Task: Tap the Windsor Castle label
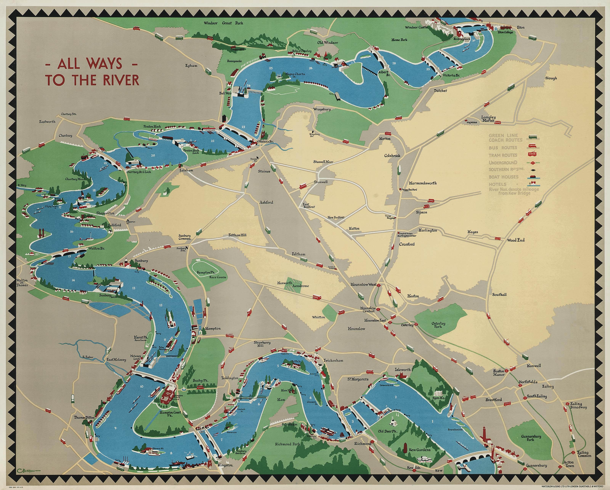416,27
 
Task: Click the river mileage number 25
271,68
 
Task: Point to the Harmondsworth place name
423,183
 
